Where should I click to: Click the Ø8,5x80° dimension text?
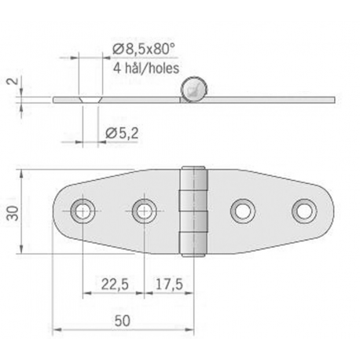(x=140, y=49)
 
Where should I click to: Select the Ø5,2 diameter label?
(x=123, y=134)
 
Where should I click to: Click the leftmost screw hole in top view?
(x=81, y=210)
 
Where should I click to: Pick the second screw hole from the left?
(x=143, y=210)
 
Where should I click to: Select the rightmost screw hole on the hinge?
(x=303, y=210)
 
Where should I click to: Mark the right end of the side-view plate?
(x=332, y=99)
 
